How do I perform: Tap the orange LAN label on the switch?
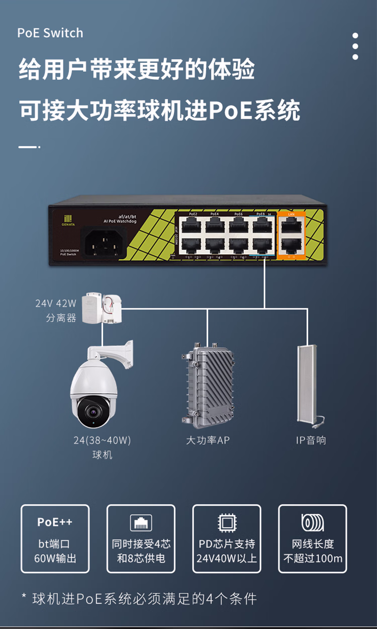click(x=291, y=214)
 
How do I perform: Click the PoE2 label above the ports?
click(x=193, y=214)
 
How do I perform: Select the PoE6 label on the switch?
click(x=238, y=214)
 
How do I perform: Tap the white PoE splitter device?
click(x=105, y=307)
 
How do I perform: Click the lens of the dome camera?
click(x=92, y=411)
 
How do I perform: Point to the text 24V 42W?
click(x=56, y=303)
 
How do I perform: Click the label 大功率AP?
click(x=208, y=440)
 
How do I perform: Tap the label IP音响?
click(x=311, y=440)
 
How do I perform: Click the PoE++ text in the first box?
click(x=55, y=522)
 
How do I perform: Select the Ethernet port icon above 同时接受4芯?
click(x=141, y=522)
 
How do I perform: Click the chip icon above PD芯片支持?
click(x=227, y=522)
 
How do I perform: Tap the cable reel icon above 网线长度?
click(x=312, y=522)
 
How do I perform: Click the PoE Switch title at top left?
click(x=50, y=33)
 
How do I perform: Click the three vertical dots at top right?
click(x=355, y=46)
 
